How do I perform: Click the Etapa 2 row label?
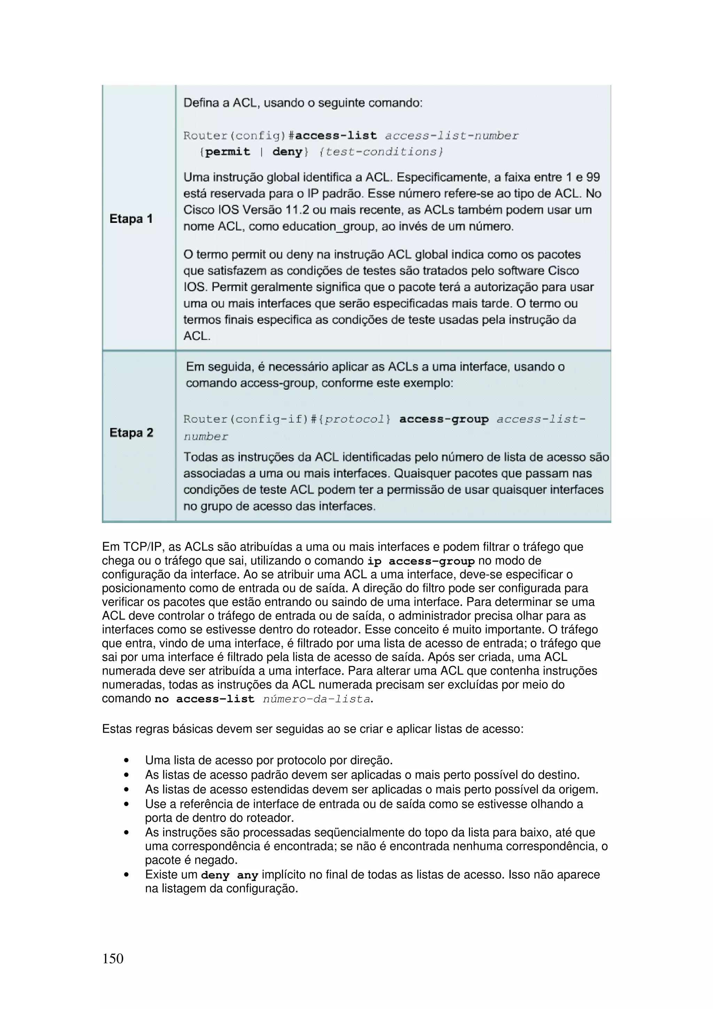click(131, 432)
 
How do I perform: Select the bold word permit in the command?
click(228, 152)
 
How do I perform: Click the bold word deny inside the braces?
click(287, 152)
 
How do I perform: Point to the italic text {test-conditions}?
click(381, 152)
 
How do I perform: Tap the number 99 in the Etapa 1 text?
click(593, 177)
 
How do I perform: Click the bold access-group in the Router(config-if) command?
click(444, 419)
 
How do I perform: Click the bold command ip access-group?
click(421, 561)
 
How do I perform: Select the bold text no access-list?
click(204, 699)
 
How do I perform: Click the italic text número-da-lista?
click(316, 699)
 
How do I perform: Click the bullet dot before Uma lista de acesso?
click(126, 761)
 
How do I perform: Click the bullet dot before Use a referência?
click(126, 804)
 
